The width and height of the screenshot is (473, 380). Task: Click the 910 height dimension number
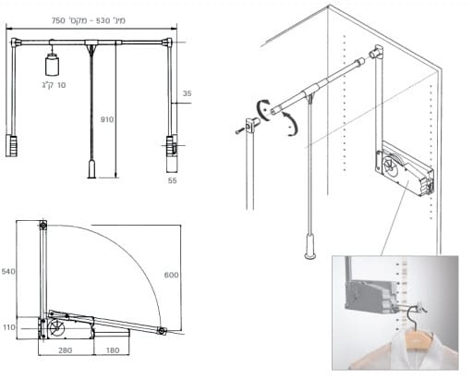click(x=107, y=119)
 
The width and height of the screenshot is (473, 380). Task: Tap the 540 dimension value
click(x=8, y=272)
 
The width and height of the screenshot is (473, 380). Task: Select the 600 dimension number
click(x=171, y=275)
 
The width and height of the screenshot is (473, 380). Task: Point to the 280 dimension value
click(x=66, y=350)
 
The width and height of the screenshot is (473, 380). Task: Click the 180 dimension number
click(x=113, y=350)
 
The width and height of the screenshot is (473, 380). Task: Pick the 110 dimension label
click(x=9, y=327)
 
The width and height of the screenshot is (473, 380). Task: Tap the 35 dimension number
click(x=187, y=93)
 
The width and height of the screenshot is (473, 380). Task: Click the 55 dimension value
click(x=173, y=180)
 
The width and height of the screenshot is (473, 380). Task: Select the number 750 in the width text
click(x=58, y=20)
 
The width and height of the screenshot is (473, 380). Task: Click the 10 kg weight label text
click(x=55, y=85)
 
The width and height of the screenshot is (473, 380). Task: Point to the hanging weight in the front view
click(x=52, y=65)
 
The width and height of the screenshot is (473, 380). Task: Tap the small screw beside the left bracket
click(x=238, y=131)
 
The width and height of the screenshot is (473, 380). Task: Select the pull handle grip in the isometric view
click(x=310, y=246)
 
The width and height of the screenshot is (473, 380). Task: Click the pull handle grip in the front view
click(x=91, y=168)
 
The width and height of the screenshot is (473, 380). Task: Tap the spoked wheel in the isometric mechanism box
click(x=389, y=163)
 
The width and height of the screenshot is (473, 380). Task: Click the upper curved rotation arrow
click(x=262, y=109)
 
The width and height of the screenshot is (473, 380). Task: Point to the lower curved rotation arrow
click(x=291, y=124)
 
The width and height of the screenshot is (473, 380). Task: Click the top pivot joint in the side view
click(x=43, y=226)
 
